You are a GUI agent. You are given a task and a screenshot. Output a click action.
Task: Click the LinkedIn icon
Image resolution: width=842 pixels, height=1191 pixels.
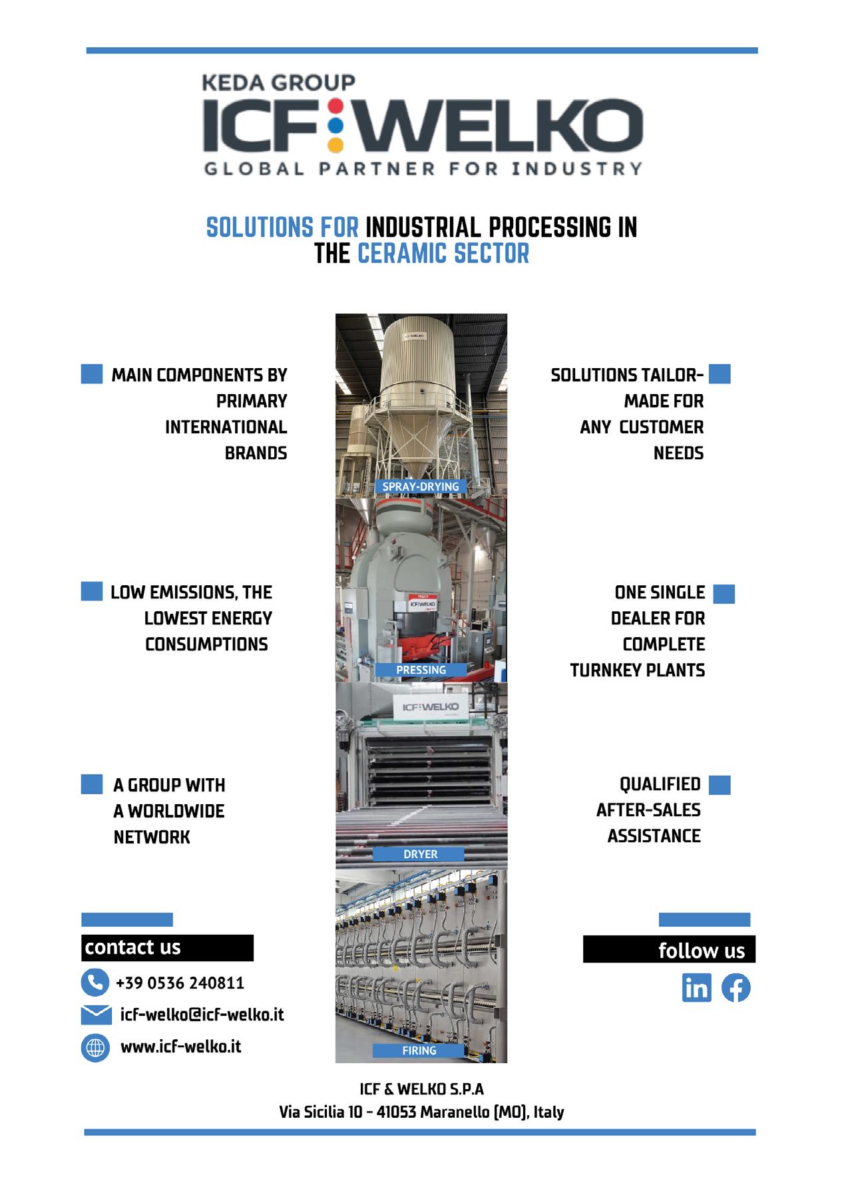coord(696,988)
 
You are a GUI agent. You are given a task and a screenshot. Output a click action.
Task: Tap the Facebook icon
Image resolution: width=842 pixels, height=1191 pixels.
coord(736,988)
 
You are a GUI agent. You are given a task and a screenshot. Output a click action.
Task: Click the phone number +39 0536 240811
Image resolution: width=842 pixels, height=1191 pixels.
coord(180,983)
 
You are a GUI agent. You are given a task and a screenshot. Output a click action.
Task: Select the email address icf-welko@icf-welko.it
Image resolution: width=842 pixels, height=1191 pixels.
coord(202,1015)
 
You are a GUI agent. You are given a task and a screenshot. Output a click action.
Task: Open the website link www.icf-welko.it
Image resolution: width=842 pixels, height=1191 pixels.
coord(180,1047)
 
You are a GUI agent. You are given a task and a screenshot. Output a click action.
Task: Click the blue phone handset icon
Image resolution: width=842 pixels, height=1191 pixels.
coord(95,983)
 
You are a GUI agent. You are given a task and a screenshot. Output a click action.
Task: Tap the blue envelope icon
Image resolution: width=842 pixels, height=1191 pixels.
coord(96,1015)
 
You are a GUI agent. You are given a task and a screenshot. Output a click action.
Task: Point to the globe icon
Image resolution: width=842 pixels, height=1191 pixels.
coord(95,1048)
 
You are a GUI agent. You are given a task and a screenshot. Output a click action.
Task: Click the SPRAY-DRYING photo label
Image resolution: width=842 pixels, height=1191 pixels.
coord(420,487)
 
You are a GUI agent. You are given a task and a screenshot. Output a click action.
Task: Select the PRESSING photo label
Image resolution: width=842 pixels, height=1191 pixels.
coord(421,670)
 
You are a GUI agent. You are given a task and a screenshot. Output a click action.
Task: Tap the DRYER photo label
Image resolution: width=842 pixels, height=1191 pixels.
coord(420,854)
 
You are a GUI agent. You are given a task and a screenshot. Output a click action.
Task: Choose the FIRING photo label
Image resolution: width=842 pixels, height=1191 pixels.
coord(419,1051)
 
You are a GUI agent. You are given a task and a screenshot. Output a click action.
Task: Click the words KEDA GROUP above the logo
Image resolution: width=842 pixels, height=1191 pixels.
coord(278,83)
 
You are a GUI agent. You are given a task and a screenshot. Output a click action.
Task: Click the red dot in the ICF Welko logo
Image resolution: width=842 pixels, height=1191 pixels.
coord(336,105)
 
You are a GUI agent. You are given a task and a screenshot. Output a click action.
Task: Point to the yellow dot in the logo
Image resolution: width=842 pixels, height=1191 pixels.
coord(336,142)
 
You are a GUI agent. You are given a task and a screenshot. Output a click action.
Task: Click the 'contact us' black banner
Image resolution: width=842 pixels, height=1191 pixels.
coord(167,947)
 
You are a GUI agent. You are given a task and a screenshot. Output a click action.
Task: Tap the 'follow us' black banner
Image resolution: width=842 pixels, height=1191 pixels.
coord(669,950)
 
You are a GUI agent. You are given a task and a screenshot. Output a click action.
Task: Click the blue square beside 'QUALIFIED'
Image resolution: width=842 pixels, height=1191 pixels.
coord(720,785)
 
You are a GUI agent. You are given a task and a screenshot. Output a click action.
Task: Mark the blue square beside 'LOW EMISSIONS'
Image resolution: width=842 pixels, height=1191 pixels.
coord(92,591)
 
